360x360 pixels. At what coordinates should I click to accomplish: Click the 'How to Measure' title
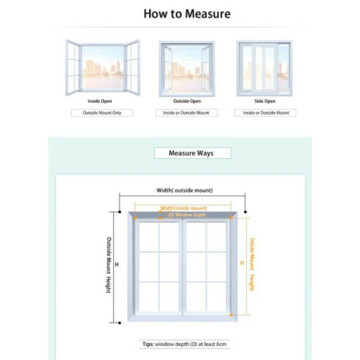[187, 13]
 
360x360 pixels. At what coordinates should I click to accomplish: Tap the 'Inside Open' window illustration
[102, 67]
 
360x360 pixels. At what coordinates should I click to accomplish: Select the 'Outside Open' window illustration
[186, 67]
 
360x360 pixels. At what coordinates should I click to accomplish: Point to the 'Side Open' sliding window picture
[264, 67]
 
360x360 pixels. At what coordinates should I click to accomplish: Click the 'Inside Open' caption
[100, 101]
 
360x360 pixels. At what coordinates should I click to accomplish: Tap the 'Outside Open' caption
[187, 101]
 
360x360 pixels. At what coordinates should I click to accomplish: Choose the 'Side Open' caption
[264, 101]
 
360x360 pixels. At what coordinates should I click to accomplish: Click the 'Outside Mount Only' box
[102, 112]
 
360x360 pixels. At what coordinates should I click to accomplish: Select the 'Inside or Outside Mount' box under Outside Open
[186, 112]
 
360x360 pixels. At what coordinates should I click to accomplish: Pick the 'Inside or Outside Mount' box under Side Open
[265, 112]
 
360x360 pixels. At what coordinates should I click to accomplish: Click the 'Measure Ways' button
[191, 153]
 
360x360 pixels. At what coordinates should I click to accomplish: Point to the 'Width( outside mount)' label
[184, 190]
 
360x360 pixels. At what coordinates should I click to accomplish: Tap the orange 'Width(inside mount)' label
[183, 208]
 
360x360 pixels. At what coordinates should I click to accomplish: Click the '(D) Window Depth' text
[183, 215]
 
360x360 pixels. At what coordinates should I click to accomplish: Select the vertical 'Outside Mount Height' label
[109, 264]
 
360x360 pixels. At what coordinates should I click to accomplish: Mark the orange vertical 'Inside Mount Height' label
[251, 264]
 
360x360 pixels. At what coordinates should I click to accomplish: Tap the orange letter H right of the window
[242, 263]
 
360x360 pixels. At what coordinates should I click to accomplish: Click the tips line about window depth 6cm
[184, 344]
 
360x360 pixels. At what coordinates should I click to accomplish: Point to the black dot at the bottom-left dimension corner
[120, 323]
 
